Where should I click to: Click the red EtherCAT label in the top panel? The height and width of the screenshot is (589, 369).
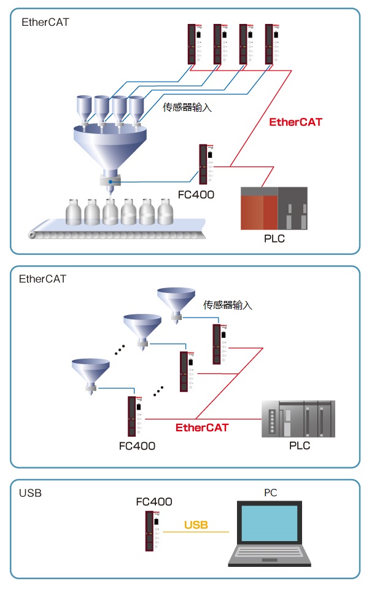tap(295, 122)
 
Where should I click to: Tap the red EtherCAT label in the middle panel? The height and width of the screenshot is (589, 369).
tap(202, 427)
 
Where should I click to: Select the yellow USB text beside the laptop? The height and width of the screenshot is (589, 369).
tap(196, 525)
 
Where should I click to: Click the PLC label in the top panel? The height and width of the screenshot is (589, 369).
tap(274, 238)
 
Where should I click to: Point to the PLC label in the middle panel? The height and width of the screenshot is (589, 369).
tap(300, 445)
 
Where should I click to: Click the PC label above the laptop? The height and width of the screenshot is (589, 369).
tap(271, 493)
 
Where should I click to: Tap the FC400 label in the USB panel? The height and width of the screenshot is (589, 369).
tap(153, 502)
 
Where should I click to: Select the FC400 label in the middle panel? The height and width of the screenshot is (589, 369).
tap(137, 445)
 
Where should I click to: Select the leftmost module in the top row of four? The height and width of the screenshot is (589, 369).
tap(192, 44)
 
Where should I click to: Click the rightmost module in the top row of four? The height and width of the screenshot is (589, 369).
tap(270, 44)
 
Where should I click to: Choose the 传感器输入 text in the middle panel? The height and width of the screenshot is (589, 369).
tap(228, 305)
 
